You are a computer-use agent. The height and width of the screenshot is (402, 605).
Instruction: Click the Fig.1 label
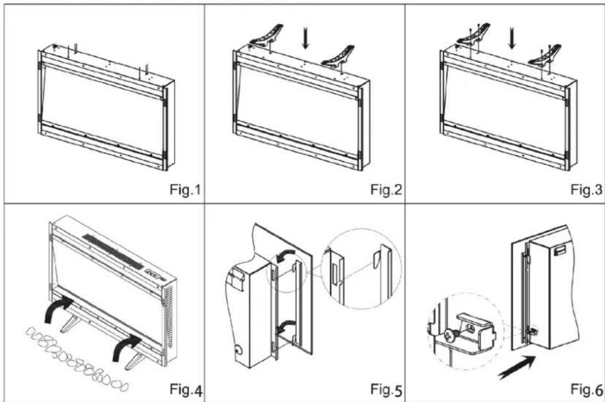pos(185,189)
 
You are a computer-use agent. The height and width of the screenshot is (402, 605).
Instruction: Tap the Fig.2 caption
pos(386,189)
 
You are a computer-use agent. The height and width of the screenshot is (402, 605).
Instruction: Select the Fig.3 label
pos(586,189)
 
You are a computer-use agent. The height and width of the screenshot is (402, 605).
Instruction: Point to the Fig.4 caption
pos(186,389)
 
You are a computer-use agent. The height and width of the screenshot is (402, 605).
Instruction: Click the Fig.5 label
pos(386,389)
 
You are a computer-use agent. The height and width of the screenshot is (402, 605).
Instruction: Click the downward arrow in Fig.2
pos(306,40)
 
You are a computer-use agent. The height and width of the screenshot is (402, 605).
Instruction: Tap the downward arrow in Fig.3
pos(512,39)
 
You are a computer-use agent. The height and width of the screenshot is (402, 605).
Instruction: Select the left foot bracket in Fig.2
pos(267,36)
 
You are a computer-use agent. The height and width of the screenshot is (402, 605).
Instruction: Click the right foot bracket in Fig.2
pos(338,57)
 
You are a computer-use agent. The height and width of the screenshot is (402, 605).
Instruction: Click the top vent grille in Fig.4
pos(112,251)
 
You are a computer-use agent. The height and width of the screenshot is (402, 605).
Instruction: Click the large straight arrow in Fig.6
pos(517,367)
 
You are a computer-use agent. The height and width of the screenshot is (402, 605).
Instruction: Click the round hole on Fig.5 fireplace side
pos(238,350)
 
